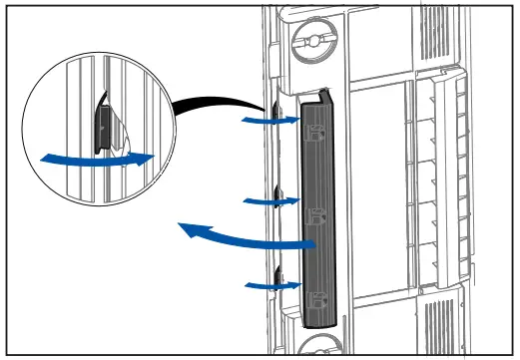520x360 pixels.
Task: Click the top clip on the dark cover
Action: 317,130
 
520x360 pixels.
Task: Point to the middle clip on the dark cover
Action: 317,215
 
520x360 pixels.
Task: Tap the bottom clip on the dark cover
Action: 317,298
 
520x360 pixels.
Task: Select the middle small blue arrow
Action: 271,201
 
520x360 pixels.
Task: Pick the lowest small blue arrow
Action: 271,286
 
